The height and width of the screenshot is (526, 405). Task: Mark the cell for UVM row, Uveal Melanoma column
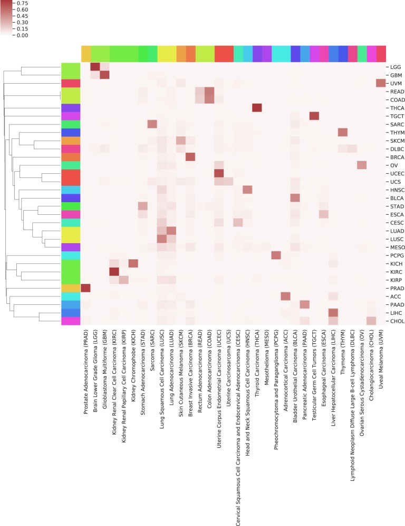coord(381,83)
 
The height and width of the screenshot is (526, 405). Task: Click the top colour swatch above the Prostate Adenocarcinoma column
coord(86,54)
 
